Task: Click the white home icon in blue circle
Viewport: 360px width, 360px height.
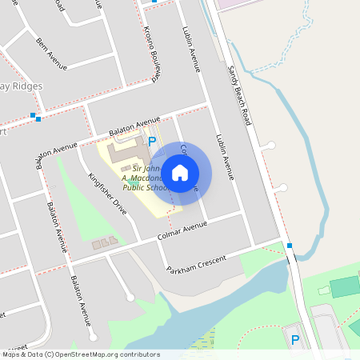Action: [180, 172]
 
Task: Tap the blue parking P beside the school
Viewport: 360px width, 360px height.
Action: [152, 142]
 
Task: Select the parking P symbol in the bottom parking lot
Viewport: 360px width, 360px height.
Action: [295, 340]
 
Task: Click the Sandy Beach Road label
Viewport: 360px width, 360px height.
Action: [238, 94]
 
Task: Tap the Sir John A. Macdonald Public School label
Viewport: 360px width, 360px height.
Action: [144, 178]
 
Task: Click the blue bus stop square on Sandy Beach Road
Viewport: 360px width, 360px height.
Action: [290, 246]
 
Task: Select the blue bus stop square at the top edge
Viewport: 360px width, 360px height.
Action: [154, 2]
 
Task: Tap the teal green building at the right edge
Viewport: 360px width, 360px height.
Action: [346, 286]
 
